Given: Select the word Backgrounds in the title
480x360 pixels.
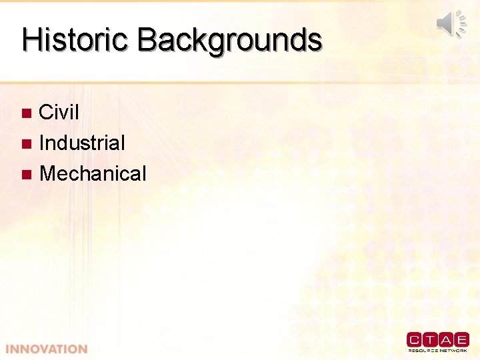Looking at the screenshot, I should (229, 40).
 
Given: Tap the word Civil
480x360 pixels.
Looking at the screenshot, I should (59, 112).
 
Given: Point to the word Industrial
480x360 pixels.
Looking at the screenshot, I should (82, 143).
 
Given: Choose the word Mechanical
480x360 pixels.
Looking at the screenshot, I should (93, 174).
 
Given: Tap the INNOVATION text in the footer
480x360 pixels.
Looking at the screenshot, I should (47, 349).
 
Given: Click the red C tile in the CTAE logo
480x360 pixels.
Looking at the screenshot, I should (415, 339).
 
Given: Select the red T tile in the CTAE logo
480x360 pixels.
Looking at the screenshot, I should (430, 339).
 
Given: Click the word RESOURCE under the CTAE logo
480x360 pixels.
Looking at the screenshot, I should (423, 350).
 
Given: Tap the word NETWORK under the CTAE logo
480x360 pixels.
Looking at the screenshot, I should (454, 350).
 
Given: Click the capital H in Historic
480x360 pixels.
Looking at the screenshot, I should (31, 39).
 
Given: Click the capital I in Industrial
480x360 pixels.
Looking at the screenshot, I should (42, 143).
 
